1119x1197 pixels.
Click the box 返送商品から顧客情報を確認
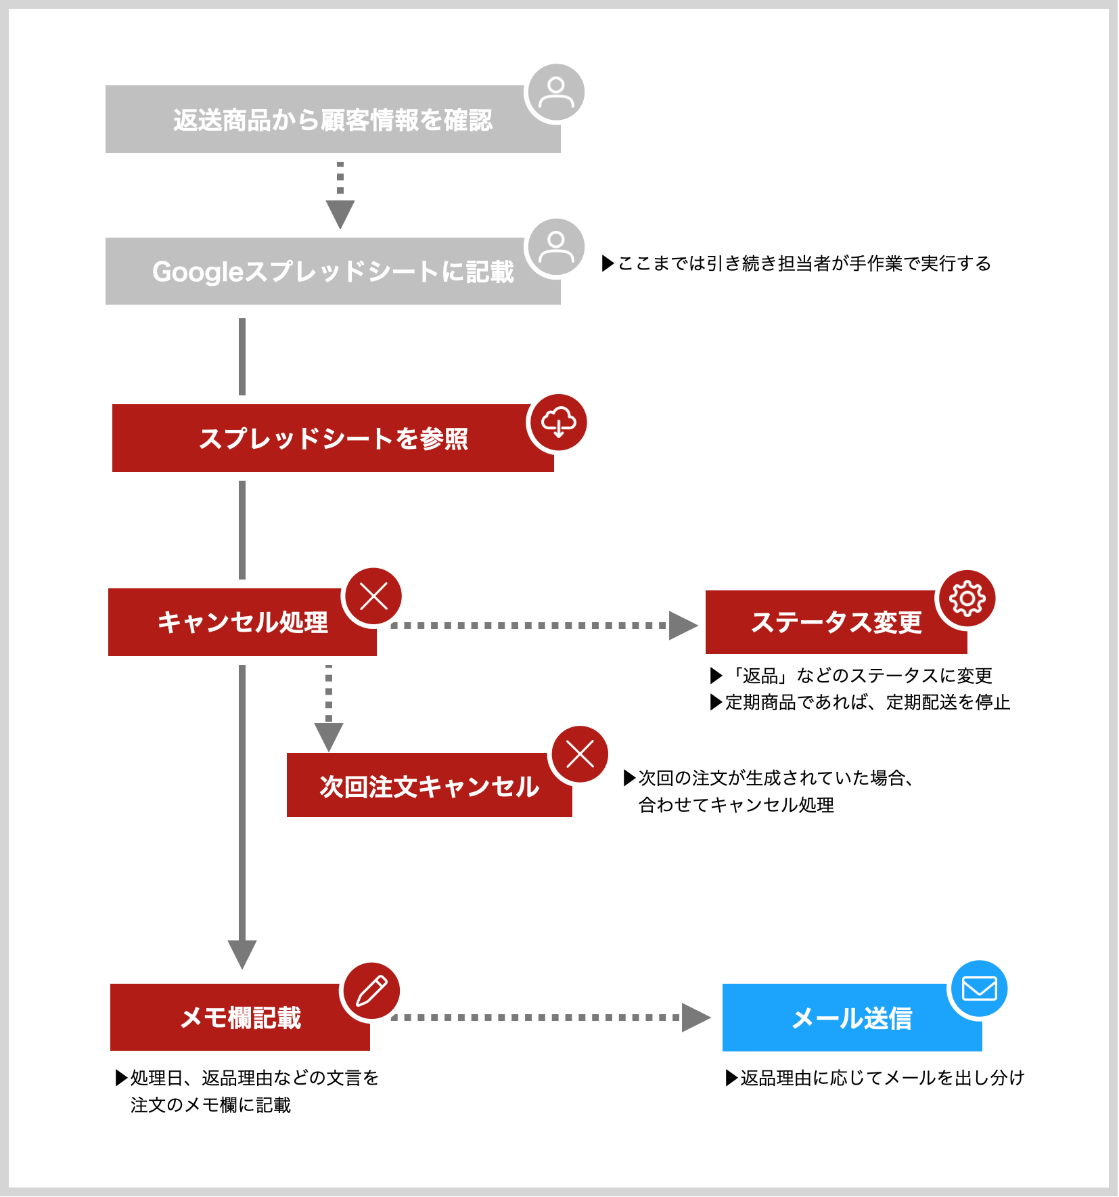click(333, 119)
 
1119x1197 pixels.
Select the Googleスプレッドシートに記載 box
click(333, 271)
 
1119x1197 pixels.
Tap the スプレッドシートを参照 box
click(333, 438)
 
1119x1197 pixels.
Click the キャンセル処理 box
click(242, 622)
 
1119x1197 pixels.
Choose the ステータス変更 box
click(836, 622)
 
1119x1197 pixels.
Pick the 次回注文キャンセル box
click(430, 785)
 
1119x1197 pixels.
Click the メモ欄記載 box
click(240, 1017)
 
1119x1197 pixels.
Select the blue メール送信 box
click(852, 1018)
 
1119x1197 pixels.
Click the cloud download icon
click(558, 422)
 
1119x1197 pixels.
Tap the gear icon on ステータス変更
click(967, 598)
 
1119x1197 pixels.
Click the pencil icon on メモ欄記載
click(371, 991)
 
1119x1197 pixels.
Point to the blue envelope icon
click(979, 988)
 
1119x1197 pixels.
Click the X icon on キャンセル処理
click(373, 596)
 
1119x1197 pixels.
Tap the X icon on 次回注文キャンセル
click(580, 754)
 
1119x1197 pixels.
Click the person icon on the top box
click(556, 93)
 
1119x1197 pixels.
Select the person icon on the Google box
click(556, 247)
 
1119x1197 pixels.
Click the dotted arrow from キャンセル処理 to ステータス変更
click(545, 626)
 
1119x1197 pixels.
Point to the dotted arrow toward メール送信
click(551, 1017)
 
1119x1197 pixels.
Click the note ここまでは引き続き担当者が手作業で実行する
click(796, 263)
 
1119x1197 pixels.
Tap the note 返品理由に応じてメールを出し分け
click(875, 1078)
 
